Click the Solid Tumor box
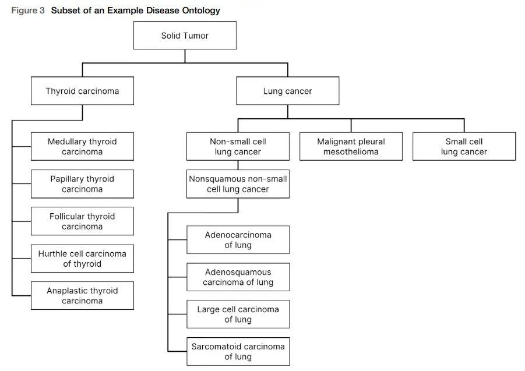pyautogui.click(x=185, y=36)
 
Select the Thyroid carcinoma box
pyautogui.click(x=82, y=91)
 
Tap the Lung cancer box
pyautogui.click(x=287, y=91)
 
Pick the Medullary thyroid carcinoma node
pyautogui.click(x=82, y=146)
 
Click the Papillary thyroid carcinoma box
pyautogui.click(x=82, y=183)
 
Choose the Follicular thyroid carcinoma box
pyautogui.click(x=82, y=221)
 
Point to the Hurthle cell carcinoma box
pyautogui.click(x=82, y=259)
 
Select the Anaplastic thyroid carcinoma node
pyautogui.click(x=82, y=295)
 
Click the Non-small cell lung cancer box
pyautogui.click(x=238, y=146)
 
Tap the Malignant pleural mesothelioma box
pyautogui.click(x=351, y=146)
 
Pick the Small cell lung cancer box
pyautogui.click(x=464, y=146)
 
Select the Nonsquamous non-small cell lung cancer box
pyautogui.click(x=238, y=183)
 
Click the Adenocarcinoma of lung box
pyautogui.click(x=238, y=239)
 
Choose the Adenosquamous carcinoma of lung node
pyautogui.click(x=238, y=277)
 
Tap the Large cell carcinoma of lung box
pyautogui.click(x=238, y=314)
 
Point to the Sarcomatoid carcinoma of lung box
pyautogui.click(x=238, y=351)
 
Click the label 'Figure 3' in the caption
pyautogui.click(x=28, y=10)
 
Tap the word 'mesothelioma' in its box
pyautogui.click(x=351, y=152)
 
